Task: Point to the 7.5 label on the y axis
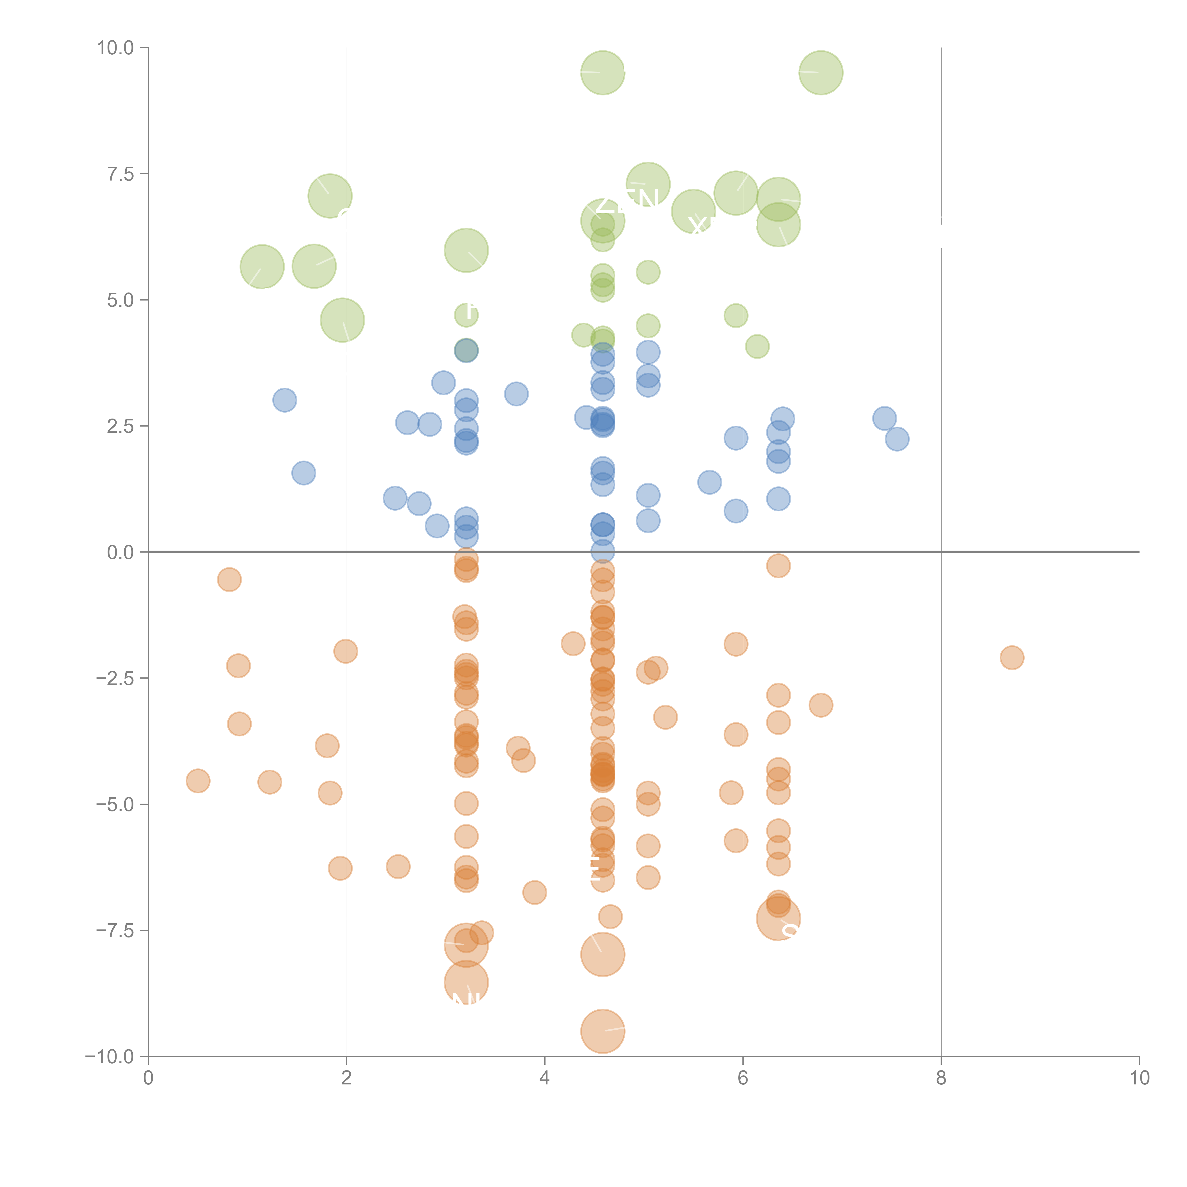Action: [120, 174]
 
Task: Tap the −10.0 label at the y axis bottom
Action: [109, 1057]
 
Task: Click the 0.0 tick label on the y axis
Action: [120, 552]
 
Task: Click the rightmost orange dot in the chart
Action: [1011, 657]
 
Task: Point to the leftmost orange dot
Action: [198, 781]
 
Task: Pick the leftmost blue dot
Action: [284, 400]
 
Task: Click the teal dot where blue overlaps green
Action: [466, 351]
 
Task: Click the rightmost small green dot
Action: [757, 347]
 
